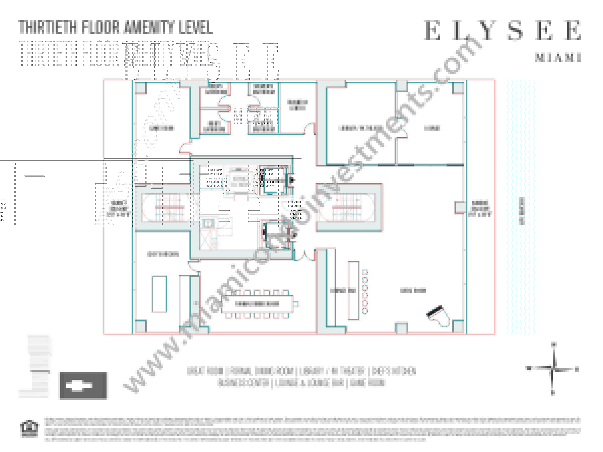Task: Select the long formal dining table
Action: tap(257, 304)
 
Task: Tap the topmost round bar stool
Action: tap(365, 272)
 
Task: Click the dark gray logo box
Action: tap(83, 385)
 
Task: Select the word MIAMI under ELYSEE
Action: tap(558, 58)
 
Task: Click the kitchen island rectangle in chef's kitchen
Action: tap(159, 294)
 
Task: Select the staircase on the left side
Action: tap(169, 208)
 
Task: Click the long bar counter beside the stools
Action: tap(353, 291)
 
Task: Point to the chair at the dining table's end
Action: tap(295, 304)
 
